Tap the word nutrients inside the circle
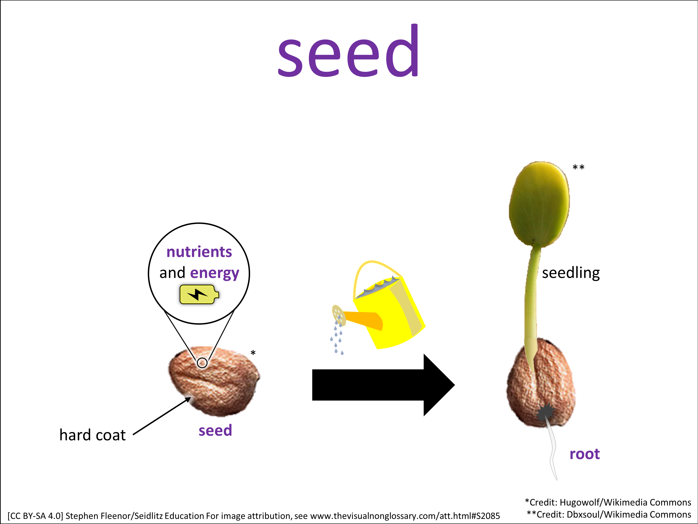(x=199, y=252)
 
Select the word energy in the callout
(x=215, y=273)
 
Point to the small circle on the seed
(x=202, y=363)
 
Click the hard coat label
(x=92, y=435)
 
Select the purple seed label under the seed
(x=215, y=431)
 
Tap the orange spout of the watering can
(x=363, y=320)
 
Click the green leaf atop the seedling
(x=539, y=204)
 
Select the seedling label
(x=571, y=273)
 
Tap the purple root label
(x=584, y=454)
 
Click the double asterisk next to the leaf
(x=578, y=167)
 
